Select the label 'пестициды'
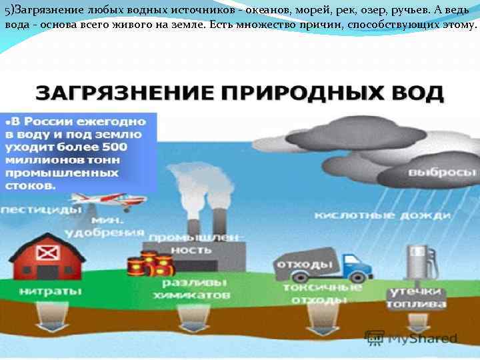point(40,209)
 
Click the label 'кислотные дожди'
point(383,215)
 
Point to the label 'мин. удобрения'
point(117,226)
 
